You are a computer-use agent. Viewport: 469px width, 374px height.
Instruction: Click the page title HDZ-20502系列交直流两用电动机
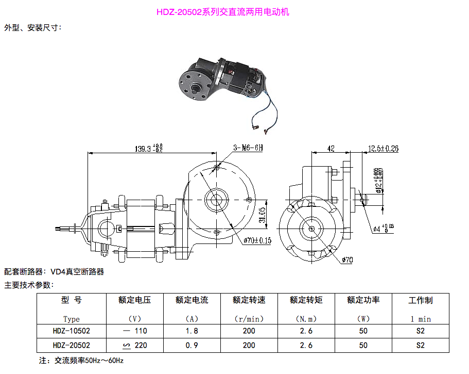pyautogui.click(x=222, y=12)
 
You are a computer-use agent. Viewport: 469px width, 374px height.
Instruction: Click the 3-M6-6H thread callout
pyautogui.click(x=248, y=148)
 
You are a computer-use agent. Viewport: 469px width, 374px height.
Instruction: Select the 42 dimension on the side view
pyautogui.click(x=331, y=149)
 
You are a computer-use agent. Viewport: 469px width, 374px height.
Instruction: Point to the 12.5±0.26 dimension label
pyautogui.click(x=383, y=149)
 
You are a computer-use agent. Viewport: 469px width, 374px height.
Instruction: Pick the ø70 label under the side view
pyautogui.click(x=346, y=260)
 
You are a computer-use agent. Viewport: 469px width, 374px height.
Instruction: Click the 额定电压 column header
pyautogui.click(x=134, y=300)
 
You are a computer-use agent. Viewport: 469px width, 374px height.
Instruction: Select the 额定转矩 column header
pyautogui.click(x=306, y=300)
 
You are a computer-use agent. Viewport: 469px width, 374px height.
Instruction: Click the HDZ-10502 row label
pyautogui.click(x=72, y=331)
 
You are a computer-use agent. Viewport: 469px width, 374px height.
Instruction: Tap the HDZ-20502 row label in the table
pyautogui.click(x=72, y=345)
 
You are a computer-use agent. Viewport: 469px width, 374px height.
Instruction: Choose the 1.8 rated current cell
pyautogui.click(x=192, y=331)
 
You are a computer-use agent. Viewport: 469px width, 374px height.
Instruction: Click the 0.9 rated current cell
pyautogui.click(x=192, y=345)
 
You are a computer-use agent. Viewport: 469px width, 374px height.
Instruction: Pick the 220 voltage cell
pyautogui.click(x=140, y=345)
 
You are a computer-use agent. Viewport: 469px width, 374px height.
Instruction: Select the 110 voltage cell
pyautogui.click(x=140, y=331)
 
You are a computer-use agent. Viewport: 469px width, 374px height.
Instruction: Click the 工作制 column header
pyautogui.click(x=420, y=300)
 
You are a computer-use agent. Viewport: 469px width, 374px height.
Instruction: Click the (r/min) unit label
pyautogui.click(x=249, y=319)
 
